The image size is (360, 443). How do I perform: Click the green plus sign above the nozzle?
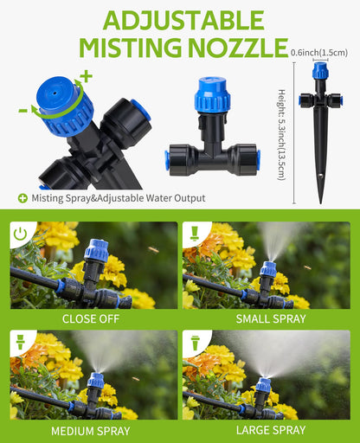click(x=87, y=76)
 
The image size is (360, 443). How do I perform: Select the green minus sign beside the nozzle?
click(x=22, y=110)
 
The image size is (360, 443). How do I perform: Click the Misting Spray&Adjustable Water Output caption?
click(x=118, y=198)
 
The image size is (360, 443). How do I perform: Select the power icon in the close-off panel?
click(x=21, y=234)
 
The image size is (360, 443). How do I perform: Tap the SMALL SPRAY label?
click(x=268, y=318)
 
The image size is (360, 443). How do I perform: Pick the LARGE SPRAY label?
click(x=268, y=429)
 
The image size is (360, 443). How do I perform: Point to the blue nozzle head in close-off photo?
click(x=95, y=252)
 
